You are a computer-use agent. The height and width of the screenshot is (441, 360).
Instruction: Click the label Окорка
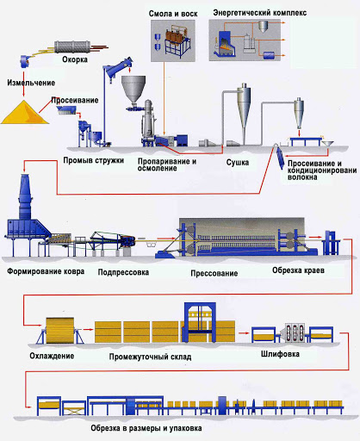click(75, 59)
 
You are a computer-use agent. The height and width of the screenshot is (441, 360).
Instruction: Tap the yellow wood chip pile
click(25, 113)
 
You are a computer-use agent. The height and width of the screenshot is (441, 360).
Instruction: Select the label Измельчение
click(31, 83)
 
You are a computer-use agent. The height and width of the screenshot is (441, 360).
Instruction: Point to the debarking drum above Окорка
click(72, 47)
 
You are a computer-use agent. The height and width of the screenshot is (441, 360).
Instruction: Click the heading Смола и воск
click(173, 14)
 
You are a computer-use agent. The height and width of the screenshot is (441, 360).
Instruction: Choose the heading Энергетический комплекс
click(260, 13)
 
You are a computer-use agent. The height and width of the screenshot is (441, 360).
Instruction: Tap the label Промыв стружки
click(94, 160)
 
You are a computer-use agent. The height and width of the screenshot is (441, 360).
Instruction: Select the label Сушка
click(238, 163)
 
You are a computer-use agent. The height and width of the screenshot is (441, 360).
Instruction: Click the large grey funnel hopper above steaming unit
click(133, 89)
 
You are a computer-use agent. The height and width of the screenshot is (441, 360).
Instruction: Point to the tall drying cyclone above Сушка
click(244, 109)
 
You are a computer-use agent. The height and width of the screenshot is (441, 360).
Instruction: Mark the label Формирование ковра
click(46, 271)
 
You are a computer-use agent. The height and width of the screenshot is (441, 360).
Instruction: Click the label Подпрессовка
click(123, 272)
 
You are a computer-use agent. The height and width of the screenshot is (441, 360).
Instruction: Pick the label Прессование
click(214, 273)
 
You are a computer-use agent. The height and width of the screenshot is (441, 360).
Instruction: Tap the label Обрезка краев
click(298, 270)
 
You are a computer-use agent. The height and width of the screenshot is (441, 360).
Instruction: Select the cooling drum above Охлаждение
click(60, 330)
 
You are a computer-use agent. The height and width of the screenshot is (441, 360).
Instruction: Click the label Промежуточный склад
click(150, 357)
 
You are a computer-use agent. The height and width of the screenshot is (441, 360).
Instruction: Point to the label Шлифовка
click(280, 354)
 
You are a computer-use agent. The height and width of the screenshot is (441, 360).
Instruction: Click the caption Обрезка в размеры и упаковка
click(146, 428)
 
